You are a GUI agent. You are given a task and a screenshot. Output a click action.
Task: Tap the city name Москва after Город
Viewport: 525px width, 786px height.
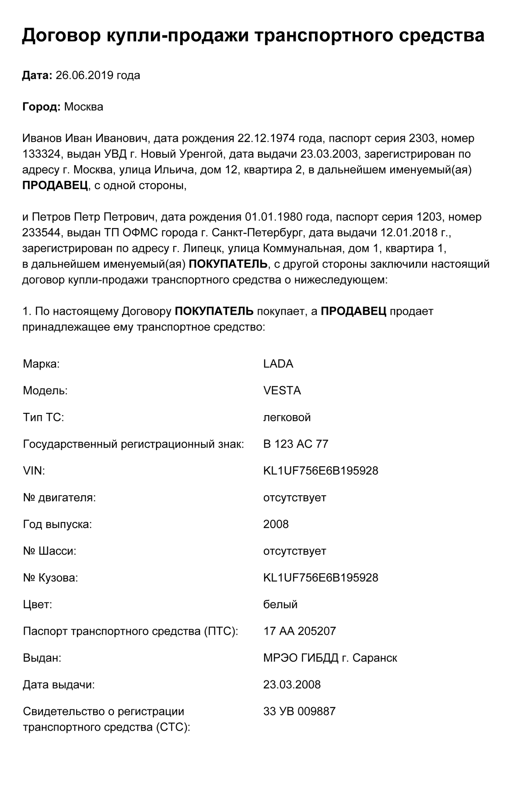(x=84, y=107)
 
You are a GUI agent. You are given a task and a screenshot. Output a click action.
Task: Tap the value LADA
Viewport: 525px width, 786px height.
(x=278, y=364)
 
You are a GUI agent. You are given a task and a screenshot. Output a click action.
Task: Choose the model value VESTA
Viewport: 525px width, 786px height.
(x=282, y=391)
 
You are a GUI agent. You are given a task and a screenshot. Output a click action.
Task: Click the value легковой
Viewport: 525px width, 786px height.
(x=287, y=417)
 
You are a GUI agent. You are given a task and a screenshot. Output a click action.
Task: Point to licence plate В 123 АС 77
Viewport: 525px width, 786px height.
(x=296, y=444)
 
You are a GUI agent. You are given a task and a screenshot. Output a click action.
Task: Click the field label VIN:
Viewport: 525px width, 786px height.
(x=34, y=471)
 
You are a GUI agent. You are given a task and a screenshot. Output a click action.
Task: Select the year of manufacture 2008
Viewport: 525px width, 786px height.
(x=276, y=524)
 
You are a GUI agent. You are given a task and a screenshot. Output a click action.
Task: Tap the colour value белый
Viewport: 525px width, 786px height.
(x=280, y=605)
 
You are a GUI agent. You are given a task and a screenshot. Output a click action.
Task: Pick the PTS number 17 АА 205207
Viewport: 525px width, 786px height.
(x=300, y=631)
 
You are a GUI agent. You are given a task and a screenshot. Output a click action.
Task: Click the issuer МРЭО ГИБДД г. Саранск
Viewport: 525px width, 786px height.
(x=330, y=658)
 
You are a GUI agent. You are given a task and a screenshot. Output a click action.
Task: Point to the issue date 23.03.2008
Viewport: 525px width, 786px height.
(x=292, y=685)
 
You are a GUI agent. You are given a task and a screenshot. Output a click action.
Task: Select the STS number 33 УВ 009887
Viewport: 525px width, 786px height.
(x=299, y=712)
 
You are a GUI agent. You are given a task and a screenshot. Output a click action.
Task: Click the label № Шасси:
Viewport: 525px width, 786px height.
(x=49, y=551)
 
